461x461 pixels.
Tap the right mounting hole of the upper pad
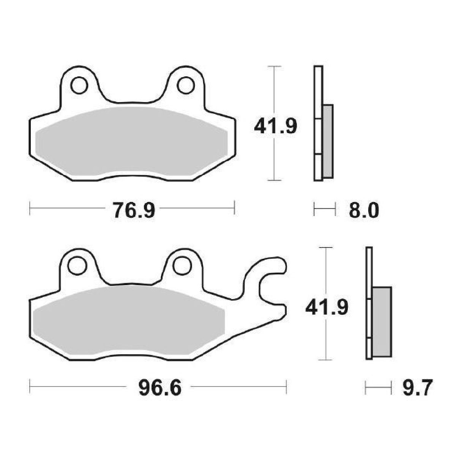[186, 85]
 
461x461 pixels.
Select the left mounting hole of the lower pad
[77, 265]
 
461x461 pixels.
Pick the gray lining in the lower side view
[382, 321]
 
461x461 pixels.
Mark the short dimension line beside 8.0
[325, 209]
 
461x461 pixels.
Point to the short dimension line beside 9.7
[378, 388]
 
